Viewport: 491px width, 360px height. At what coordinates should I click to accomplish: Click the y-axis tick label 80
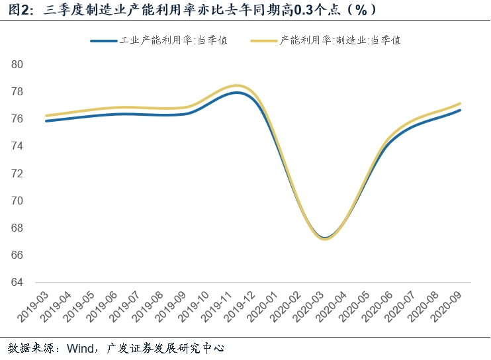click(x=17, y=65)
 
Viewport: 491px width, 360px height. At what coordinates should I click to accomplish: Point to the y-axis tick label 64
click(x=17, y=283)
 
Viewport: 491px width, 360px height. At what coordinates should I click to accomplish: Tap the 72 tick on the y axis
click(x=17, y=173)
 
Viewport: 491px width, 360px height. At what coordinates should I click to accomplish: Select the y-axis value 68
click(x=17, y=228)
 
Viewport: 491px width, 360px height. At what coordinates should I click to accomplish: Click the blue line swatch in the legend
click(x=103, y=40)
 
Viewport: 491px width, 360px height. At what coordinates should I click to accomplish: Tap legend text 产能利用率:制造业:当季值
click(x=340, y=40)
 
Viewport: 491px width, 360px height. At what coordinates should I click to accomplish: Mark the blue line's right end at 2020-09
click(x=460, y=110)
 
